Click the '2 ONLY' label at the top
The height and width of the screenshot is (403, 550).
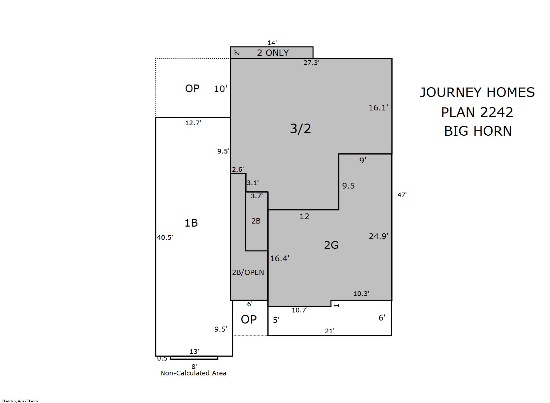[x=273, y=53]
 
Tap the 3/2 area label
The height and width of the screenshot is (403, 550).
[x=300, y=129]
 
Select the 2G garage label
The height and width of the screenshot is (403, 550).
[x=331, y=245]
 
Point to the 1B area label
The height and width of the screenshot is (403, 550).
[x=191, y=223]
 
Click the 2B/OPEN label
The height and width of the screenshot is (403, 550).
[x=248, y=272]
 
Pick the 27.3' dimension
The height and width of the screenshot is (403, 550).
[x=311, y=63]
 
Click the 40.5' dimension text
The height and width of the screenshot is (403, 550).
[x=165, y=237]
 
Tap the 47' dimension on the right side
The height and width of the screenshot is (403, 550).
[x=402, y=195]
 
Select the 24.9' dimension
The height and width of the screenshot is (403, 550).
[x=378, y=236]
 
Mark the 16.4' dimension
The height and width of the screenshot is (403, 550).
[x=279, y=259]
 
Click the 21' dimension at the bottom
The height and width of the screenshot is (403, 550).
[x=330, y=331]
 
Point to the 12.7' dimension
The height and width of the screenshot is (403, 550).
[x=193, y=123]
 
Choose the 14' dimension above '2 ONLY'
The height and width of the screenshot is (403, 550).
[x=272, y=43]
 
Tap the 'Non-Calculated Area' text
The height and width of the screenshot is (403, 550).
[x=193, y=373]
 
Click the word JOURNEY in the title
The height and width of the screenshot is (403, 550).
[x=451, y=93]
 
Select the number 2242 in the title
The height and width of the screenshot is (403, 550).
[x=496, y=112]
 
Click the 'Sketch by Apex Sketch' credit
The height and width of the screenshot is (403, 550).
[x=20, y=401]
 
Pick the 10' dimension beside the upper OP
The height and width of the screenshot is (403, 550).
[x=220, y=89]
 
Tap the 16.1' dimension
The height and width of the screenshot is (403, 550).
[x=378, y=108]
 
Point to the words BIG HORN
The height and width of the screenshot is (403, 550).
[x=478, y=131]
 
